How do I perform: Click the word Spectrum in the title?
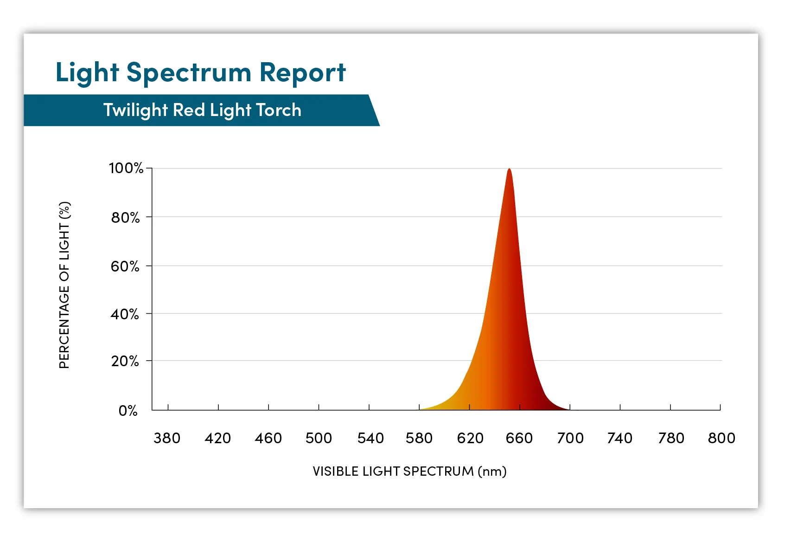coord(189,73)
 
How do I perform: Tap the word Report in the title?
coord(302,72)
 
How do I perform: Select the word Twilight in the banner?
coord(135,110)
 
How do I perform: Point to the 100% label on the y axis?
coord(126,168)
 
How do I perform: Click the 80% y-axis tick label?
coord(125,217)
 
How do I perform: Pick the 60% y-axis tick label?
coord(125,266)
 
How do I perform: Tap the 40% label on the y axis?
coord(125,314)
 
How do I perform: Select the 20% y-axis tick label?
coord(125,361)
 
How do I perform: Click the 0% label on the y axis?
coord(128,411)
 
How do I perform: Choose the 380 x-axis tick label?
coord(167,438)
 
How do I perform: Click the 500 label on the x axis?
coord(319,438)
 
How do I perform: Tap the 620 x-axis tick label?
coord(470,438)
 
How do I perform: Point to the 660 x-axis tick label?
coord(519,438)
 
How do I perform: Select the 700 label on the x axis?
coord(570,438)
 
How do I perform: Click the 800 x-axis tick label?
coord(721,438)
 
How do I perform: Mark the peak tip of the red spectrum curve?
coord(509,169)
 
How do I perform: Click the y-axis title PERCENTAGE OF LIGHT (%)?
coord(64,285)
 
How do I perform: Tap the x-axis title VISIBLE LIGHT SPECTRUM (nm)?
coord(409,472)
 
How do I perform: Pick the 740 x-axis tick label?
coord(620,438)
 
